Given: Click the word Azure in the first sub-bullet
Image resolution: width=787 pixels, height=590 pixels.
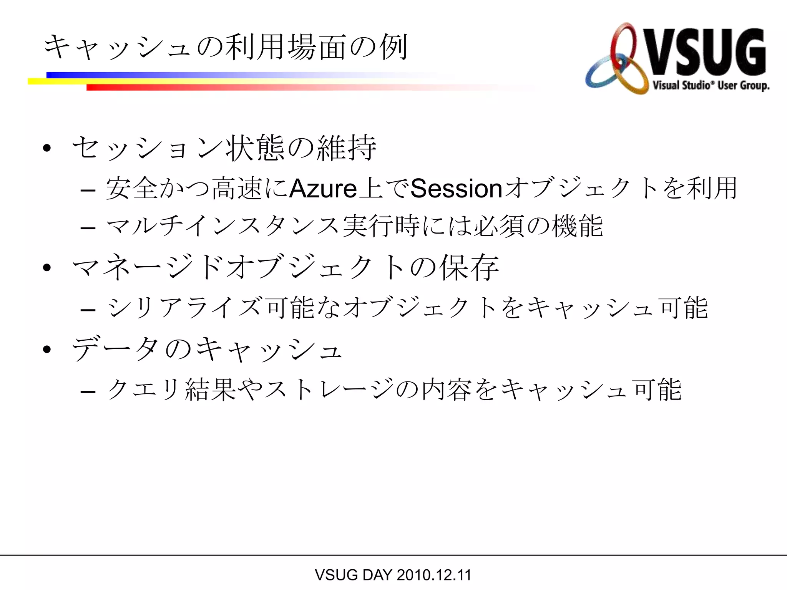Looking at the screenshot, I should [x=323, y=189].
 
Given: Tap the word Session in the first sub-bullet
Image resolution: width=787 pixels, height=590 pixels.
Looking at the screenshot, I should [x=456, y=189].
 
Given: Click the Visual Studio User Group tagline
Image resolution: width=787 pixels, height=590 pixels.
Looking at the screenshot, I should [x=711, y=85].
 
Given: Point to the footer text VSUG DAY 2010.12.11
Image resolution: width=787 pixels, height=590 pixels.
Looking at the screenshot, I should [x=393, y=575].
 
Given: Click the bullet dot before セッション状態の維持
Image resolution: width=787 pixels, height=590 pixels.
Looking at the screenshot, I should [x=47, y=148].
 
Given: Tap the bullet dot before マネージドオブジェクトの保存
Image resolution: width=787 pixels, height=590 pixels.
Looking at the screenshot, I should [x=47, y=267].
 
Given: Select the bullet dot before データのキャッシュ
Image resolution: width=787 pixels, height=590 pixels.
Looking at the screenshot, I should [x=47, y=349].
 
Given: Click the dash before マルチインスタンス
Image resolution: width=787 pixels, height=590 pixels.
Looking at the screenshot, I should [x=88, y=228].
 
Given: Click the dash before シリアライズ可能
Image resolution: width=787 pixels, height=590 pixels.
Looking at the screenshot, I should [x=88, y=310].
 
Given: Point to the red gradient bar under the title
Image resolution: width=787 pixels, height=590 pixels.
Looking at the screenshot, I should [x=269, y=88].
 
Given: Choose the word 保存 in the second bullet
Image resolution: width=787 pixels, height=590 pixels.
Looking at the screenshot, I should [x=470, y=267].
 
